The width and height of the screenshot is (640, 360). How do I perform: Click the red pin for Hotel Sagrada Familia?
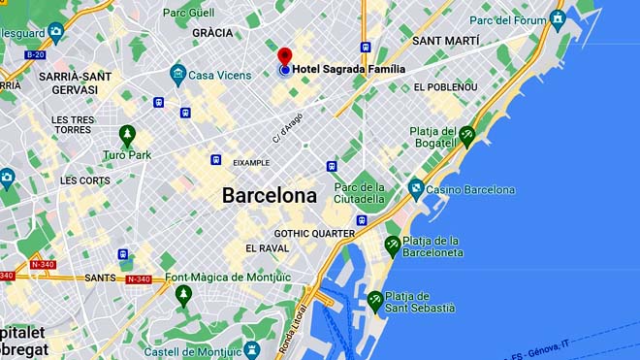(x=285, y=56)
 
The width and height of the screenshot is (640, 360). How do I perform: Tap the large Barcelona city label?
(x=269, y=195)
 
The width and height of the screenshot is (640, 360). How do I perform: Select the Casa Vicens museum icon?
(x=177, y=74)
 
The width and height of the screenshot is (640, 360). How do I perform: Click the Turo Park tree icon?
(x=126, y=134)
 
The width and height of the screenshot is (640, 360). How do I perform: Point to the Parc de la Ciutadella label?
(x=360, y=193)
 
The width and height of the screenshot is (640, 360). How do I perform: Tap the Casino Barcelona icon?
(x=416, y=189)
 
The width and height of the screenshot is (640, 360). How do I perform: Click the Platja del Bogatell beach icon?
(x=467, y=137)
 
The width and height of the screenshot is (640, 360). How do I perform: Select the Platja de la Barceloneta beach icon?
(x=393, y=245)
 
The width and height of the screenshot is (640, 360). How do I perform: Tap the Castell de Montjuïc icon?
(x=253, y=348)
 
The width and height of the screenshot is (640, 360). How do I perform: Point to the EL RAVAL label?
(x=267, y=248)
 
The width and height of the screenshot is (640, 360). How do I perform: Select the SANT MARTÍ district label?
(x=446, y=41)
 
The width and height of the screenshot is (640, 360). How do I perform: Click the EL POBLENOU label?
(x=445, y=87)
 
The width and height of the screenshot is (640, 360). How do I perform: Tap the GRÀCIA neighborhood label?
(x=212, y=32)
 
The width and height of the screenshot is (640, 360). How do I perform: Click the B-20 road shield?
(x=36, y=56)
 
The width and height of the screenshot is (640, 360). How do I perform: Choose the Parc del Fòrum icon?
(x=557, y=18)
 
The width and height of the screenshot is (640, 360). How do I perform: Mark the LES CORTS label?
(x=85, y=180)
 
